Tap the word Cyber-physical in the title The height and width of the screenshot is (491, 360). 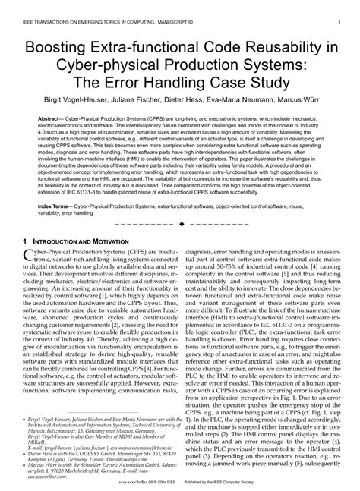click(x=112, y=68)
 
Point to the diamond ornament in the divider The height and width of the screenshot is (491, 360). click(x=180, y=225)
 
